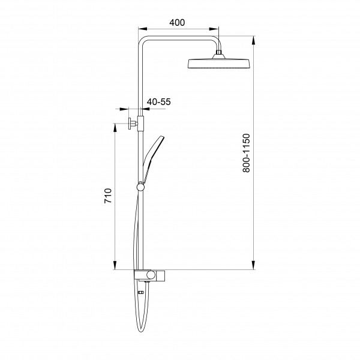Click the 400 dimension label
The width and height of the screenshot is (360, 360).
tap(177, 23)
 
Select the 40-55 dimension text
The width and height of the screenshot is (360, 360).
tap(159, 102)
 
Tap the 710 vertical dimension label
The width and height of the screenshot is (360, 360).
tap(108, 196)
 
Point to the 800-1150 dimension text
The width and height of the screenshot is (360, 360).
tap(246, 153)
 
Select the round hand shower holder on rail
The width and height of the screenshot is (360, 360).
tap(140, 187)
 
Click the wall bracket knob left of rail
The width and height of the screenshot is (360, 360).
tap(130, 124)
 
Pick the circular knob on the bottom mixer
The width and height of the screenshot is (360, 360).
tap(151, 275)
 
